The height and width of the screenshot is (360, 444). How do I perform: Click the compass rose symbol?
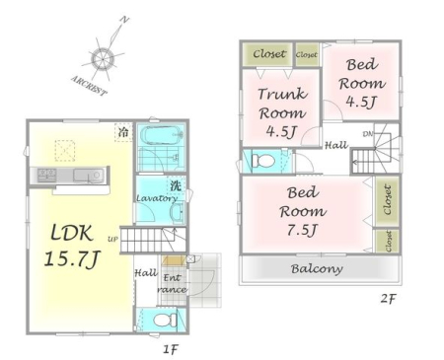(102, 60)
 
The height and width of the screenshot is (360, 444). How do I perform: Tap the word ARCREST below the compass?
(89, 86)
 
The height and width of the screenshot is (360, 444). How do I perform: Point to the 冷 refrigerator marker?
(123, 131)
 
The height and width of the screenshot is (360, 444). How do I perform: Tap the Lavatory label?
(156, 198)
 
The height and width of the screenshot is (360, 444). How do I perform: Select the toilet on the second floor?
(263, 160)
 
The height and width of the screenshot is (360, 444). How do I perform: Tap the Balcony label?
(316, 268)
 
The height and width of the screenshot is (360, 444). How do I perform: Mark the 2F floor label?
(391, 300)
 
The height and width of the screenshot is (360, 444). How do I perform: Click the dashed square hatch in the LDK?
(65, 150)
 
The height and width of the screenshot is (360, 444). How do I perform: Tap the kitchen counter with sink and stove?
(70, 176)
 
